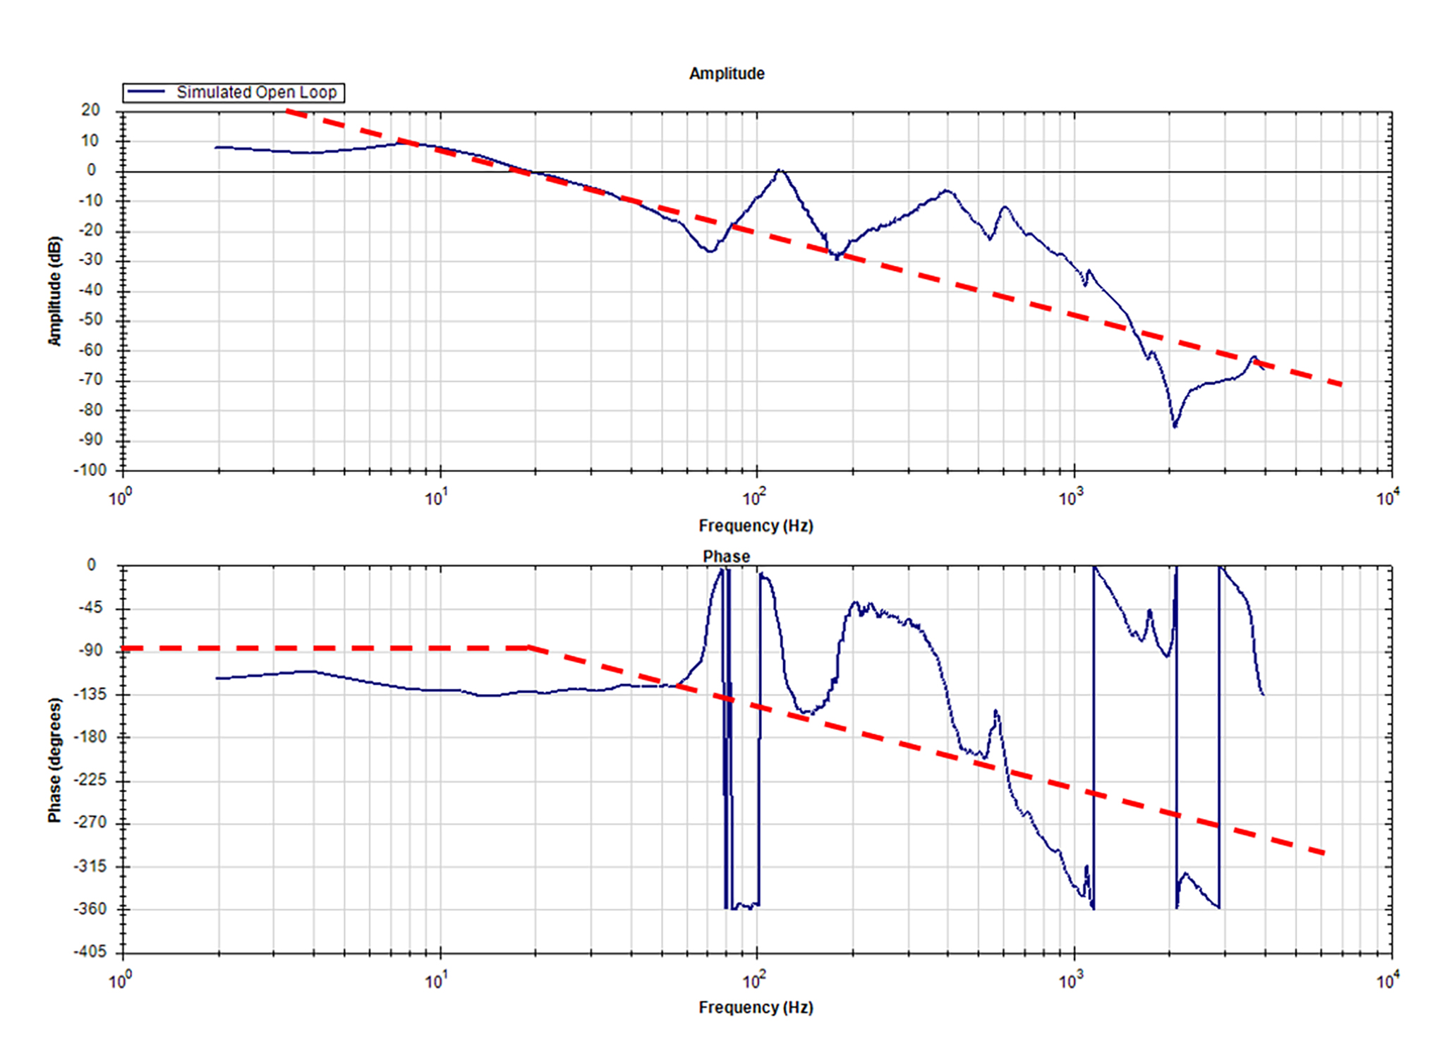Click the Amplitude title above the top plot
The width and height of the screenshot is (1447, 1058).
pos(726,73)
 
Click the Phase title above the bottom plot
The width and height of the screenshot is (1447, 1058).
pos(726,557)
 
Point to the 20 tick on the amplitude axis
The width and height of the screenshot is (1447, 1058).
pos(90,110)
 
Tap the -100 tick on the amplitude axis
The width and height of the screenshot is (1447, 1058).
pos(90,470)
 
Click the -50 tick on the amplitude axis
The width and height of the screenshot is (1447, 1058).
pos(90,320)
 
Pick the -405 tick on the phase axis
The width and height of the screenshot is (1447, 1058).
pos(90,951)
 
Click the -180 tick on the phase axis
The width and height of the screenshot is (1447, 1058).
pos(90,736)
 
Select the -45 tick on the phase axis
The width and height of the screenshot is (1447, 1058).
pos(90,607)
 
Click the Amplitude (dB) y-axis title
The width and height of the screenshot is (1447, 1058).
pos(54,291)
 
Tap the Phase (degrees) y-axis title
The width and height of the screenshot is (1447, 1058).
pos(54,760)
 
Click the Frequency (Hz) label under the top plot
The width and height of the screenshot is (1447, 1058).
pos(756,525)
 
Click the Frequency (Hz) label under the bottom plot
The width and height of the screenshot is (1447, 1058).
pos(756,1007)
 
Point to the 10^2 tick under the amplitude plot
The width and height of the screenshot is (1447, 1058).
pos(753,498)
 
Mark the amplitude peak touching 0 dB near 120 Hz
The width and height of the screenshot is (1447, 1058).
pos(779,170)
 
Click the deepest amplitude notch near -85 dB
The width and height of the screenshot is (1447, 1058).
pos(1175,426)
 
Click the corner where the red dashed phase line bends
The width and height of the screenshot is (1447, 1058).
pos(531,647)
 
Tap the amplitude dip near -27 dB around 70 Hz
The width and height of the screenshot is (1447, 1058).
pos(710,251)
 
